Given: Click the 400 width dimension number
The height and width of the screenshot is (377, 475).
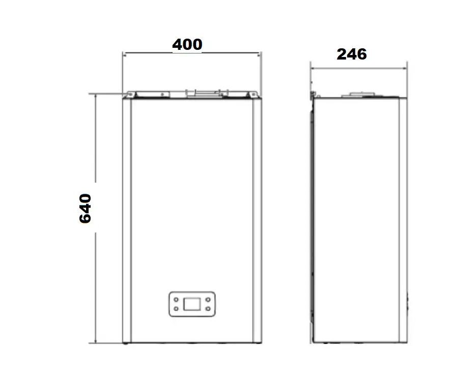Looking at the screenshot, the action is pyautogui.click(x=187, y=44).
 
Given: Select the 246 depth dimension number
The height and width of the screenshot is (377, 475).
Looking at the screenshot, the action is pyautogui.click(x=352, y=54).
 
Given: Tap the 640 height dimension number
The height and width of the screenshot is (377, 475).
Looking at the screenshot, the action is pyautogui.click(x=85, y=208).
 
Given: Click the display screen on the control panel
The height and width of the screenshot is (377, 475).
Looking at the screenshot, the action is pyautogui.click(x=192, y=304).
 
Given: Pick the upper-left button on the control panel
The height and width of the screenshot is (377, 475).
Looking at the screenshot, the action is pyautogui.click(x=176, y=300).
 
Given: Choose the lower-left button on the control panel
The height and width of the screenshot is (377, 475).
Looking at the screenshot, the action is pyautogui.click(x=176, y=308).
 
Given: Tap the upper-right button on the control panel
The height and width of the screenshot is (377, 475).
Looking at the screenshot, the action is pyautogui.click(x=208, y=300).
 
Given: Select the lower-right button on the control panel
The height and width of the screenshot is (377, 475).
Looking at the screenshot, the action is pyautogui.click(x=208, y=308).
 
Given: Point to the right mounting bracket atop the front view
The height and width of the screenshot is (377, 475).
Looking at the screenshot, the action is pyautogui.click(x=253, y=95).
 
